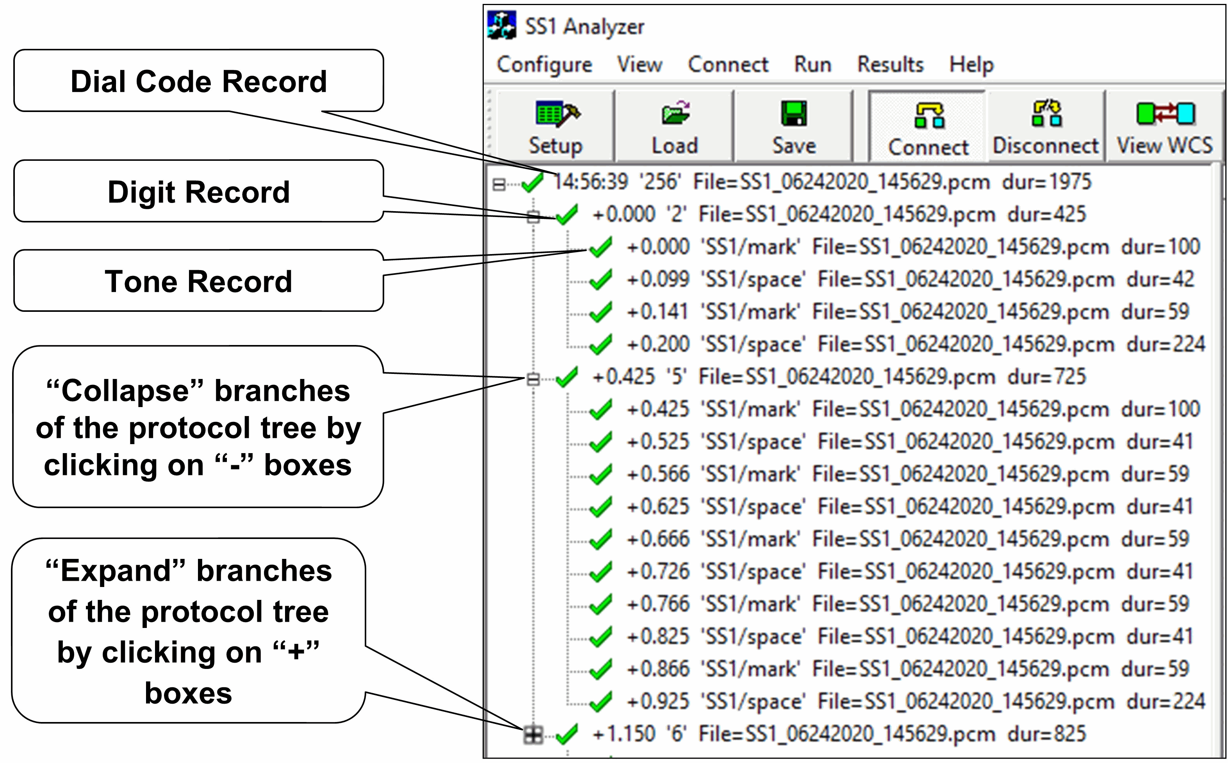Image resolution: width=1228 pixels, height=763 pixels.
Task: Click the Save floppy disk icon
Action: click(794, 113)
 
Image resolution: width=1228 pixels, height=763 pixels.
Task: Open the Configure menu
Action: click(544, 65)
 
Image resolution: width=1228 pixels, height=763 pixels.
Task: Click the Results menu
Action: click(890, 65)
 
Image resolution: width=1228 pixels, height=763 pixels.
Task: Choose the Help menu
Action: click(971, 65)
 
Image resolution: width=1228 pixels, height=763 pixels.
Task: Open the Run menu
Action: click(813, 65)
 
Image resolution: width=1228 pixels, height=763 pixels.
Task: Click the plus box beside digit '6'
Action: click(533, 735)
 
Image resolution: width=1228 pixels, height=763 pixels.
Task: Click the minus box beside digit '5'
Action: click(533, 379)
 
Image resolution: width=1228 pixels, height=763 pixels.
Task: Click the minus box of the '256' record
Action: click(499, 184)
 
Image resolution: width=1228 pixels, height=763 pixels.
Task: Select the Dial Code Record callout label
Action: click(198, 81)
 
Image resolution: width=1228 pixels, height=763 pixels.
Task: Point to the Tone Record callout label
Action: click(198, 281)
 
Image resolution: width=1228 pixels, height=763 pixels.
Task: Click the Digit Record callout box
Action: click(198, 192)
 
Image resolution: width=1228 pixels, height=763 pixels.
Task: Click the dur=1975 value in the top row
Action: click(1047, 181)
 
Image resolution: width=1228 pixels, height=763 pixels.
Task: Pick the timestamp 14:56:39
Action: click(590, 181)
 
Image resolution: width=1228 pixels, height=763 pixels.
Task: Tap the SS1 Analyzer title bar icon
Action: click(501, 25)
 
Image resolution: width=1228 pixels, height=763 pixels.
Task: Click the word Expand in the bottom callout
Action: click(116, 571)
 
